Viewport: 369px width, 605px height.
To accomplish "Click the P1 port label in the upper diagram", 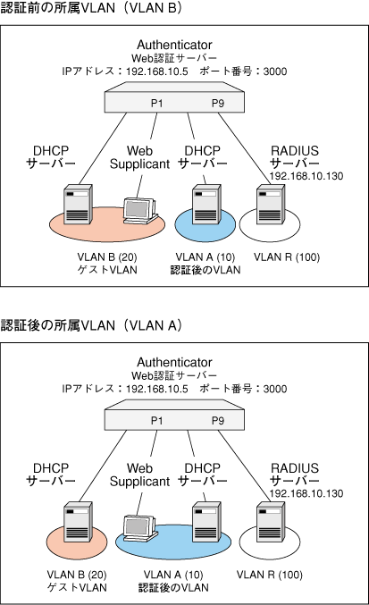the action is point(156,103).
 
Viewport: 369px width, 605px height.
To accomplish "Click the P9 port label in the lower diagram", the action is point(218,421).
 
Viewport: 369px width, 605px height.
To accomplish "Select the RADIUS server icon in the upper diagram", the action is point(271,204).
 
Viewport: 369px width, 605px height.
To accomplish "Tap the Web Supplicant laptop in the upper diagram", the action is point(140,211).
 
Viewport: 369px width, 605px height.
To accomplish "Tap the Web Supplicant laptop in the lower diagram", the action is point(140,528).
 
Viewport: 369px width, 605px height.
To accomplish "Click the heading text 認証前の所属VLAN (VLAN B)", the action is point(91,8).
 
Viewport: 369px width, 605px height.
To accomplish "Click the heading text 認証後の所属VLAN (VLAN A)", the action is point(91,325).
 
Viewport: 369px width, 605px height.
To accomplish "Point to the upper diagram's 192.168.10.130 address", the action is point(306,176).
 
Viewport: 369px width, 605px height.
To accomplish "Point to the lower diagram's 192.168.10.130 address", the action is point(306,493).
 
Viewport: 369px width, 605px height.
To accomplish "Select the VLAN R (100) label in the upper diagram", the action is point(287,257).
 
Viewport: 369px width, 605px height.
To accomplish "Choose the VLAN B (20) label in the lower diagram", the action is point(77,575).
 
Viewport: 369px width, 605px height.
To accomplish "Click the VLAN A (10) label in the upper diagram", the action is point(205,257).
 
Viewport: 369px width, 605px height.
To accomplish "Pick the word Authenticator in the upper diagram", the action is point(174,45).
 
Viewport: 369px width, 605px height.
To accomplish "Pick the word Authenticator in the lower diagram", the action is point(174,362).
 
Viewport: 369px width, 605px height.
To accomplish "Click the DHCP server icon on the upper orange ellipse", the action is point(79,204).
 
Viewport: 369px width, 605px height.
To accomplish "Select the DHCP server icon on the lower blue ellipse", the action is point(206,522).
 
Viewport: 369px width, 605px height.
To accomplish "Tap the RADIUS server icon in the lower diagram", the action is point(271,522).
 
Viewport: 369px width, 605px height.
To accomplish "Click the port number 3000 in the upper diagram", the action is point(275,71).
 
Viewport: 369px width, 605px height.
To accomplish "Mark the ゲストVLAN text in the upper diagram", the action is point(107,270).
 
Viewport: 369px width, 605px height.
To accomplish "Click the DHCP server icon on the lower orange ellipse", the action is point(79,522).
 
